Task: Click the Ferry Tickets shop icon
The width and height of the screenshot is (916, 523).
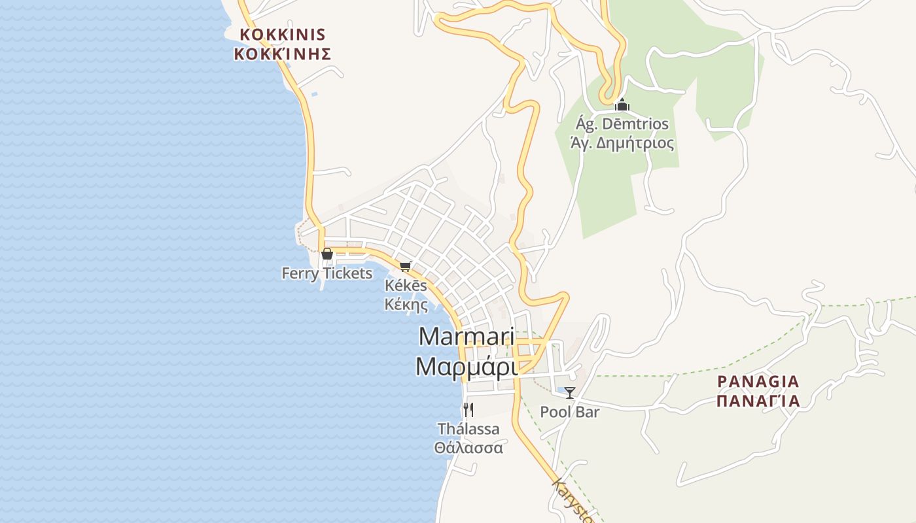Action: click(x=326, y=254)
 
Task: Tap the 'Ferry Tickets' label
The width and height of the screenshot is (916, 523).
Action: click(x=327, y=273)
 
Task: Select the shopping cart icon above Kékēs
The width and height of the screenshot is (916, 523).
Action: click(x=406, y=266)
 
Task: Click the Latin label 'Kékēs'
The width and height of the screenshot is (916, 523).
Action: click(x=406, y=286)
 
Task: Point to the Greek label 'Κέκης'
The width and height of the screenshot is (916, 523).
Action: click(x=406, y=304)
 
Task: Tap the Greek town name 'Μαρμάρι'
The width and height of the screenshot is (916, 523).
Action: click(x=467, y=367)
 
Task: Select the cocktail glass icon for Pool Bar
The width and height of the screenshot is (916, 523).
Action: click(x=570, y=393)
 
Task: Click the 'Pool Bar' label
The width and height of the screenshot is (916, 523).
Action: click(x=570, y=412)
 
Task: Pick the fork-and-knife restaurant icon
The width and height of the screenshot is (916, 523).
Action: click(x=468, y=410)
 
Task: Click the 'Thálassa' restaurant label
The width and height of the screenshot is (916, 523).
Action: click(x=468, y=430)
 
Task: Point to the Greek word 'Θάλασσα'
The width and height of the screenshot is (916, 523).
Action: click(x=468, y=448)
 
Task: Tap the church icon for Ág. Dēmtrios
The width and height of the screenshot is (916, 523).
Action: click(x=622, y=105)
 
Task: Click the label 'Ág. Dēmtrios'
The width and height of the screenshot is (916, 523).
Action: click(x=622, y=124)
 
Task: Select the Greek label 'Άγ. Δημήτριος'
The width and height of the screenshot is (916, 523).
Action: click(x=622, y=143)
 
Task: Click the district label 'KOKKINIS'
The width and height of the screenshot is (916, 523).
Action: click(x=283, y=35)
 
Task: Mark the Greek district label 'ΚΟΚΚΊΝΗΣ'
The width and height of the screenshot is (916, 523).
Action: click(x=283, y=54)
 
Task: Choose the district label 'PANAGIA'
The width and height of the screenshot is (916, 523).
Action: click(x=758, y=381)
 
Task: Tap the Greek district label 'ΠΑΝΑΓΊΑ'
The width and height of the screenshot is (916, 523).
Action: click(x=758, y=400)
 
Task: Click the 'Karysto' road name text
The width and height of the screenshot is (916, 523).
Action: click(x=572, y=502)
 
